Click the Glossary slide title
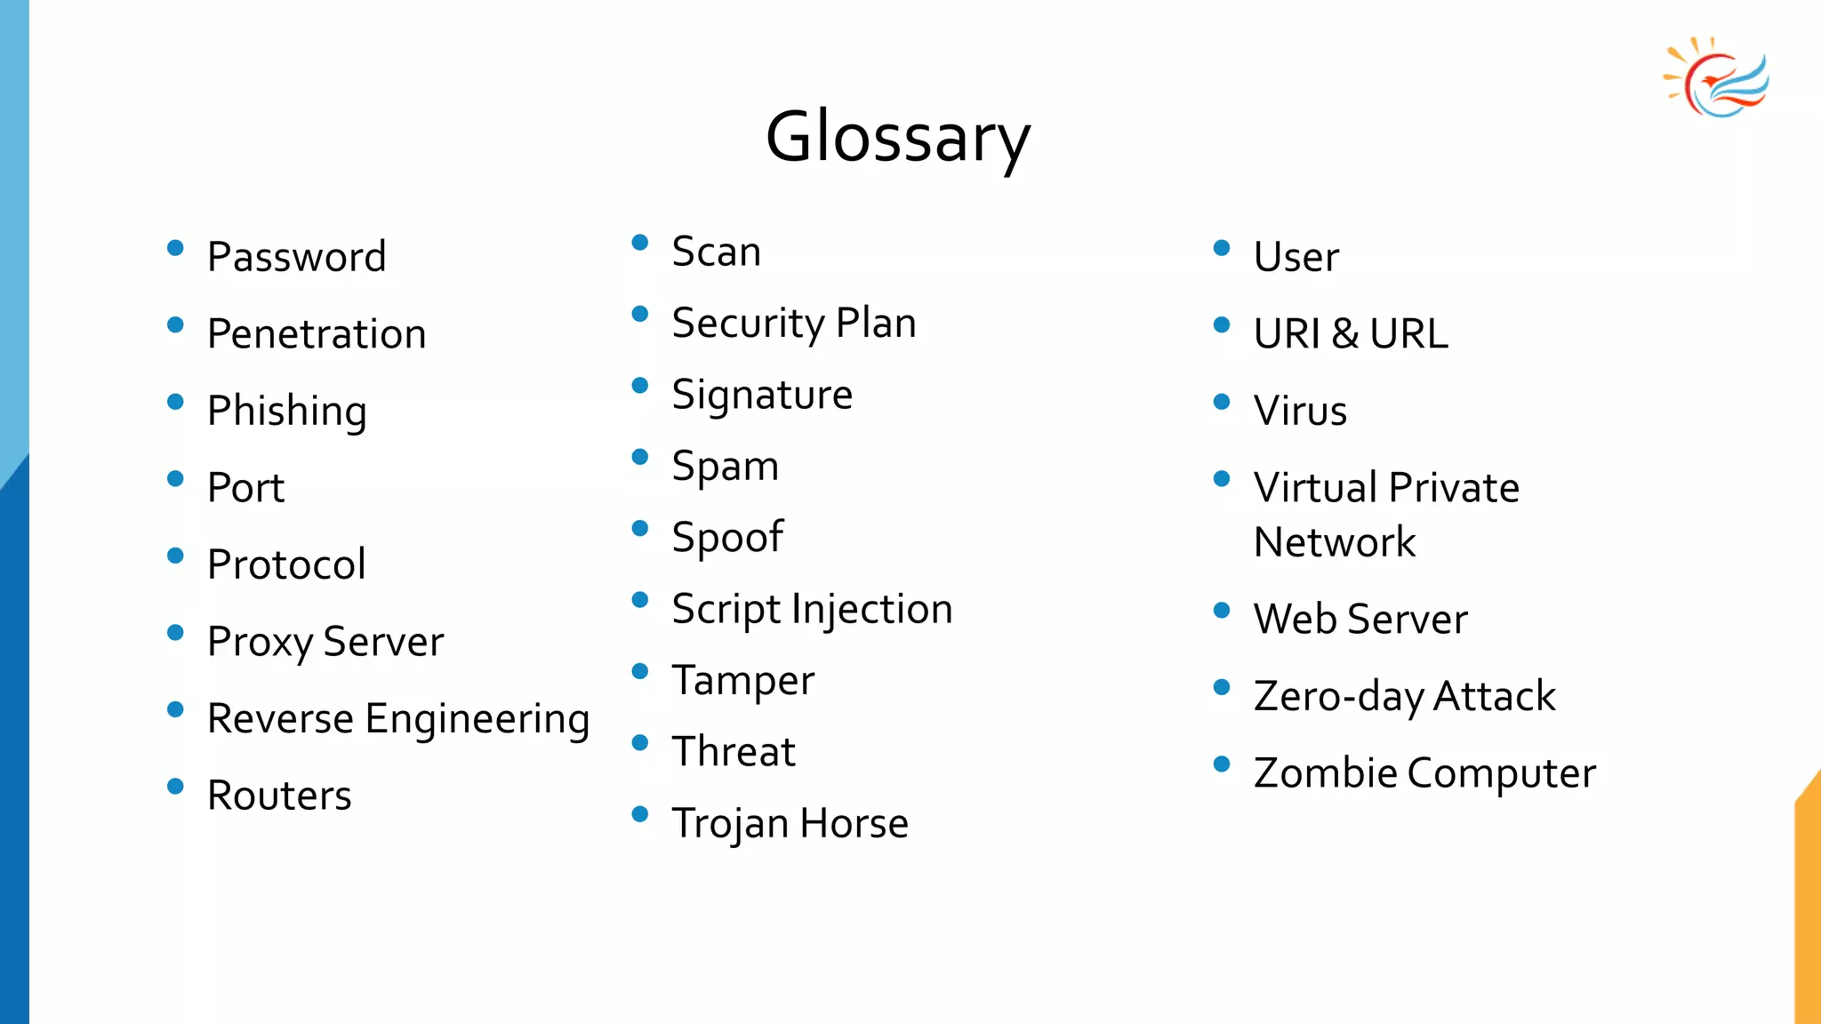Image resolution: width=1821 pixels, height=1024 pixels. tap(898, 138)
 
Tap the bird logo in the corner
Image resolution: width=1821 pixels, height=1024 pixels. tap(1717, 78)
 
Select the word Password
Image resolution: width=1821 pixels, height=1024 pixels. tap(297, 257)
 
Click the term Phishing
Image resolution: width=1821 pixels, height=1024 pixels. tap(286, 412)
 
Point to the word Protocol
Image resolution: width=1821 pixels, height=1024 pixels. tap(286, 564)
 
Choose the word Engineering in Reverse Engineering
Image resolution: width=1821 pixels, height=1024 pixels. tap(477, 719)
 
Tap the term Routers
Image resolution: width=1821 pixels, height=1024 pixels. tap(279, 796)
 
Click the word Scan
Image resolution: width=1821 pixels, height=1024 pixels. tap(717, 252)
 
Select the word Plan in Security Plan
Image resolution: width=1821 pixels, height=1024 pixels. tap(876, 323)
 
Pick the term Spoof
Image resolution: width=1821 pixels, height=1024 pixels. tap(727, 538)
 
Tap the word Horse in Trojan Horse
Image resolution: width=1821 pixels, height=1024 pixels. tap(854, 823)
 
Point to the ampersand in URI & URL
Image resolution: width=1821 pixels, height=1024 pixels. tap(1345, 334)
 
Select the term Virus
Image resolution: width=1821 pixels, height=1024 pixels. tap(1300, 411)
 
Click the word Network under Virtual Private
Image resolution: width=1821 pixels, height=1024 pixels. tap(1335, 542)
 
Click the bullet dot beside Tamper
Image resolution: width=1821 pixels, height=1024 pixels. tap(639, 671)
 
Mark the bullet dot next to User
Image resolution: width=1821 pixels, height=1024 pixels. tap(1222, 248)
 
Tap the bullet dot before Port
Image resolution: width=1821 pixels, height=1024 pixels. tap(175, 479)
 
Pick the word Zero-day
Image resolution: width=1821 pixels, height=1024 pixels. tap(1339, 697)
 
